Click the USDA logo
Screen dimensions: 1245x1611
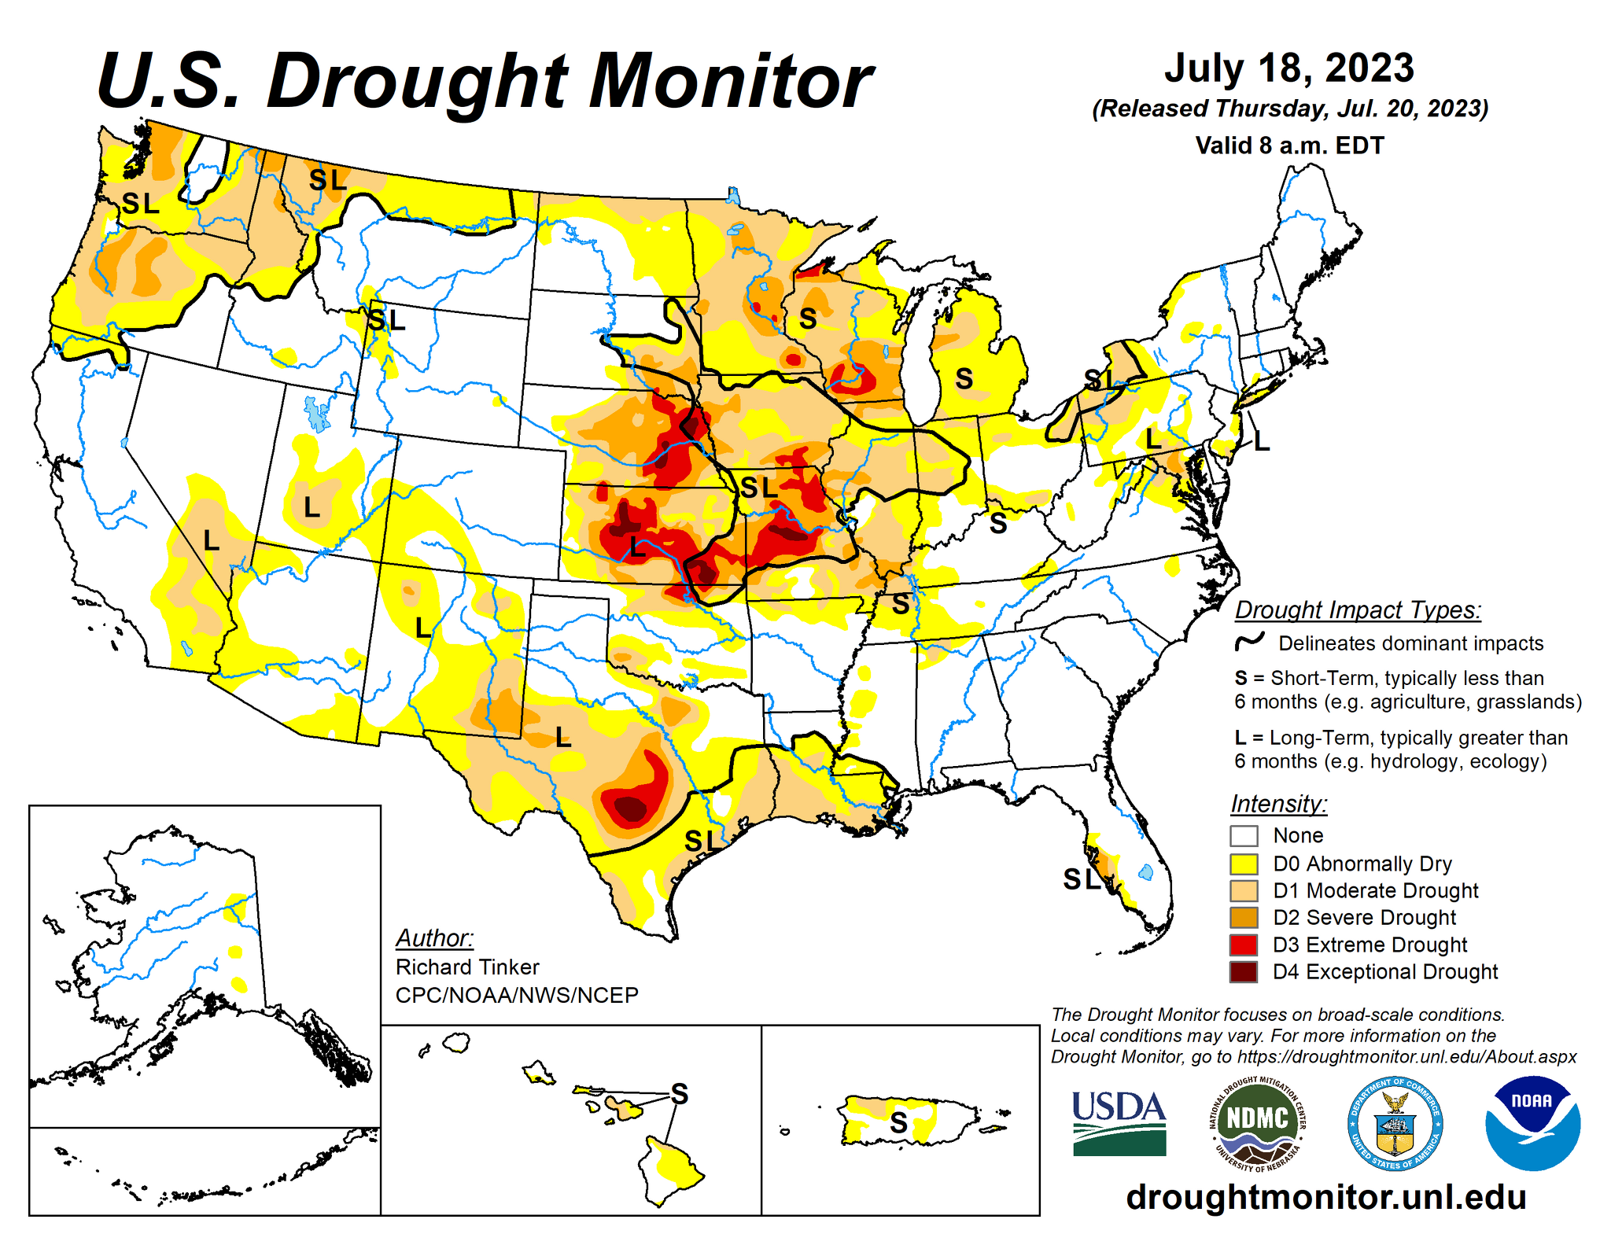[1119, 1122]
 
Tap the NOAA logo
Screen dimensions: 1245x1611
[1532, 1122]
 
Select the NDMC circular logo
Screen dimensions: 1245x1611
[1257, 1122]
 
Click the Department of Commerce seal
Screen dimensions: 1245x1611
[1395, 1122]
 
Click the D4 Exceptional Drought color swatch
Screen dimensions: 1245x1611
[1244, 972]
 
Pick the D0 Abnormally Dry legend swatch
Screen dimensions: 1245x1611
[1244, 864]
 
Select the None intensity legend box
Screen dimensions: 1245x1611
[1244, 835]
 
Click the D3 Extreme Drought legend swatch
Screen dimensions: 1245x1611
[1244, 945]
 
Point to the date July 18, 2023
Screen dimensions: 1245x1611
[1289, 68]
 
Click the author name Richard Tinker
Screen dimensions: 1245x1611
[467, 967]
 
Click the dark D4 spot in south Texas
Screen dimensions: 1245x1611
[630, 809]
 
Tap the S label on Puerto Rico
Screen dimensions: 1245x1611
[898, 1122]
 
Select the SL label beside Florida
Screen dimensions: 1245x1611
[1082, 878]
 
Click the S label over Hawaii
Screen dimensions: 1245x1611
[679, 1093]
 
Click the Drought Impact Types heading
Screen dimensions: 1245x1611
[1358, 610]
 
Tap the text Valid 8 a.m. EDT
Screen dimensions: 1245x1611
[1289, 145]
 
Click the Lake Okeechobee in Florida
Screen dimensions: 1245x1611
[1146, 871]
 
